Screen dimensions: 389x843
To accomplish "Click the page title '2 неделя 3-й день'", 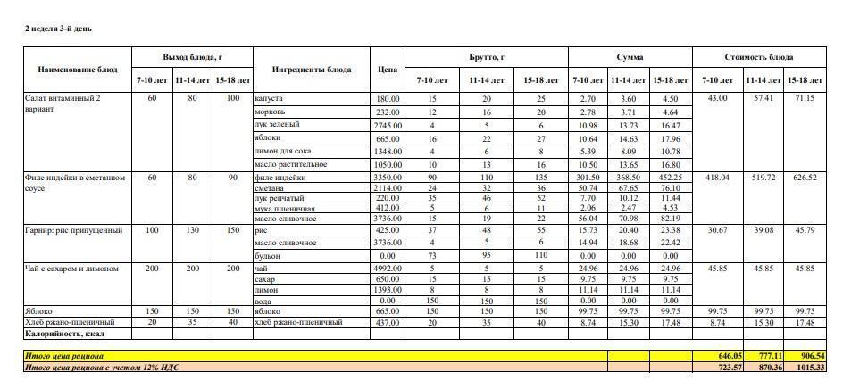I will (x=58, y=29).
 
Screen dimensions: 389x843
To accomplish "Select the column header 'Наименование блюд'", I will (x=78, y=69).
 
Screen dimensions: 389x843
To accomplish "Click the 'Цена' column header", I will (x=387, y=69).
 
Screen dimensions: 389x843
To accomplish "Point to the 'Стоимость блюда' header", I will (x=764, y=57).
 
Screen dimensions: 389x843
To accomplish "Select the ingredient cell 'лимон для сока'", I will (x=281, y=152).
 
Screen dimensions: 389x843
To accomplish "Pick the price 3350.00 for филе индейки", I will (x=387, y=178).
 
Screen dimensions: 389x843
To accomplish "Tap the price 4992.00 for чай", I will (x=387, y=268).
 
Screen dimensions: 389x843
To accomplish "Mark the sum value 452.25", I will (x=670, y=178).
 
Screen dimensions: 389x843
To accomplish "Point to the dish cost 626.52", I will (x=805, y=178).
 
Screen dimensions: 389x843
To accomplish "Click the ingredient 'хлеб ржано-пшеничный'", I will (x=299, y=322).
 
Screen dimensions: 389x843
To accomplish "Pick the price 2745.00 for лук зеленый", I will (x=387, y=125).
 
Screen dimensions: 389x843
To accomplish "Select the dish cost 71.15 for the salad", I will (x=805, y=98).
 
